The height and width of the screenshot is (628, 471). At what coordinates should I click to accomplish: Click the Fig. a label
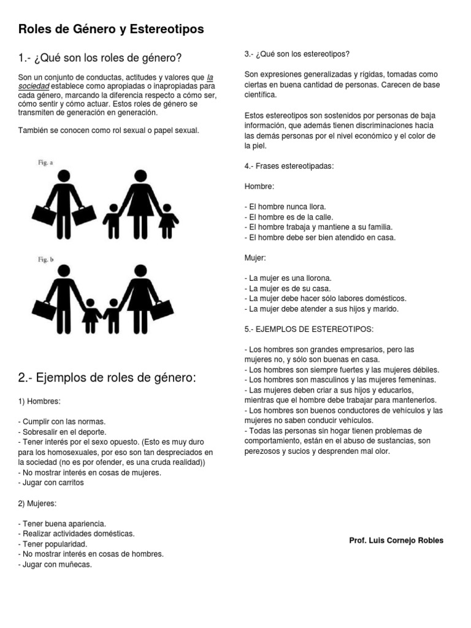[x=45, y=163]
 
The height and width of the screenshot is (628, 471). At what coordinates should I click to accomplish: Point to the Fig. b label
[x=45, y=260]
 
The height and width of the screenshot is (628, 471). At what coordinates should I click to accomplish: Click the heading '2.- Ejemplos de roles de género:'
[x=107, y=377]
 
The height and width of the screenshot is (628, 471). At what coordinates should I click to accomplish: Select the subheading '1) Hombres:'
[x=40, y=401]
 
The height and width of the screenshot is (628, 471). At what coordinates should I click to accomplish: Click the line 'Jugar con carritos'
[x=53, y=482]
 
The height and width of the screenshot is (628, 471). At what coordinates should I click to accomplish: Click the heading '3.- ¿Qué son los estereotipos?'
[x=297, y=55]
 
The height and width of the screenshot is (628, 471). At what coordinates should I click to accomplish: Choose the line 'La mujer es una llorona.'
[x=288, y=278]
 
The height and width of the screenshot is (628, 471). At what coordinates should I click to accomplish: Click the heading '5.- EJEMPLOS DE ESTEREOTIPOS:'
[x=308, y=329]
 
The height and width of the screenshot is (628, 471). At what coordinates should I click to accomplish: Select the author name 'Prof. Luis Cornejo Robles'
[x=396, y=540]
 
